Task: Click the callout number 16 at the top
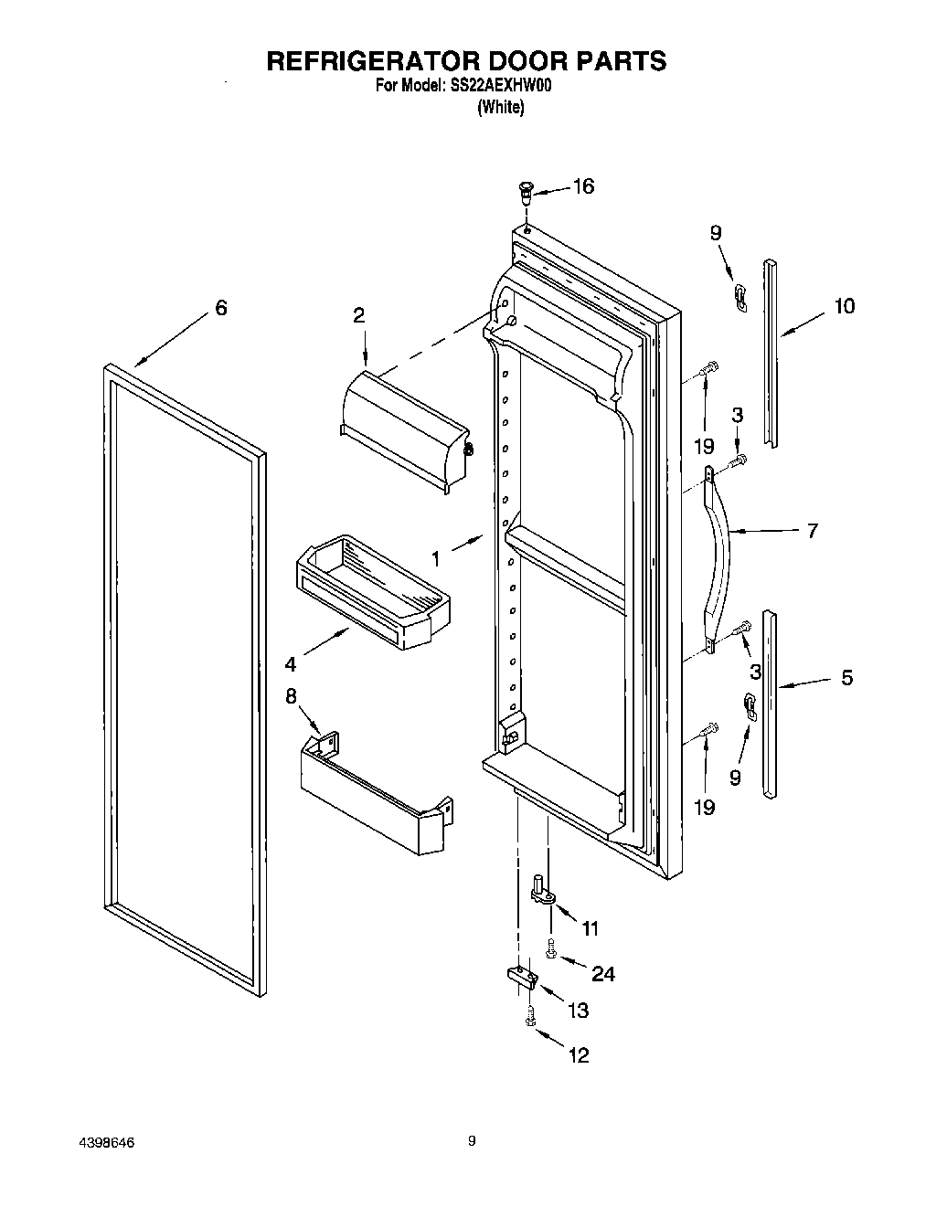(582, 186)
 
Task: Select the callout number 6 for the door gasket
(220, 308)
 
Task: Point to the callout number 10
(844, 306)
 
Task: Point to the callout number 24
(602, 974)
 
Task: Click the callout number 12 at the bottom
(578, 1055)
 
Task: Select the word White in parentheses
(500, 108)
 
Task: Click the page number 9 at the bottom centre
(472, 1140)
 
